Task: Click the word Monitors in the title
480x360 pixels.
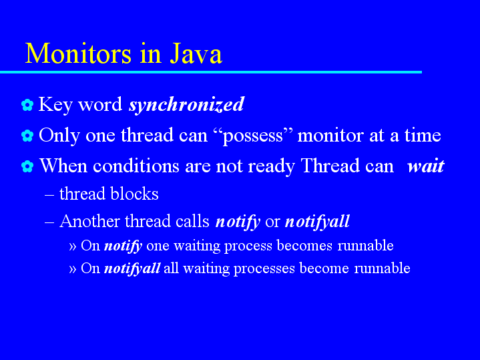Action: (78, 53)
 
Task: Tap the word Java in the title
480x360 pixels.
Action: (196, 53)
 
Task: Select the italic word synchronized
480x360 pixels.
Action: (186, 104)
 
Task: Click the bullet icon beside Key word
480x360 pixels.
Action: (27, 105)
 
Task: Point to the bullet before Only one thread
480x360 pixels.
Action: (27, 136)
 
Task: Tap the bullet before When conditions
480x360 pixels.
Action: (27, 166)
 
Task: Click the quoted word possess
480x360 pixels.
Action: (253, 136)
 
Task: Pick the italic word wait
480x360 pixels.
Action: (425, 166)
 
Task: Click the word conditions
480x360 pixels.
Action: (136, 166)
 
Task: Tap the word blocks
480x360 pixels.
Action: (134, 194)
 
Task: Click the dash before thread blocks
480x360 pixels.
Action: (49, 195)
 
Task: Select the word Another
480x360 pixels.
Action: (89, 221)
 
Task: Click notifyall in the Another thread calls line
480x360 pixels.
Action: (318, 222)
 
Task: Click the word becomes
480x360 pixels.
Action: (304, 246)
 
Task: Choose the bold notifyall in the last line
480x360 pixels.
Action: (132, 268)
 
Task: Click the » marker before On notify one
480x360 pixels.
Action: (73, 246)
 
